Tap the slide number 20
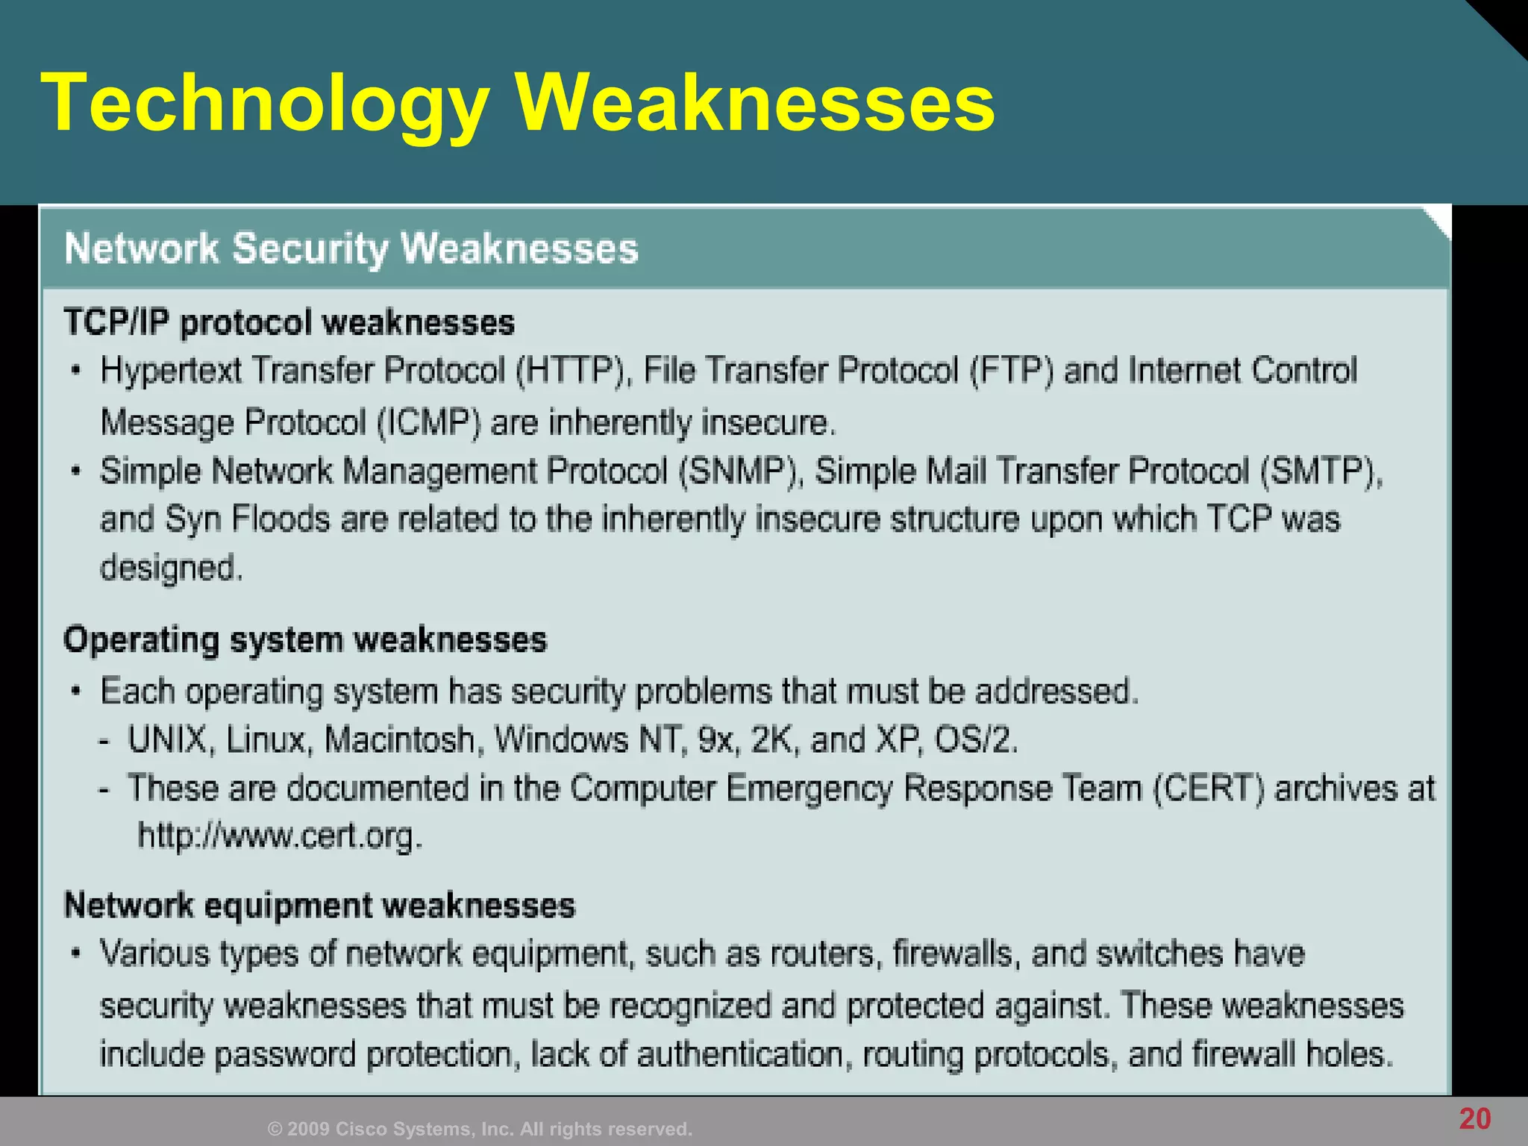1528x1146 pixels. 1474,1118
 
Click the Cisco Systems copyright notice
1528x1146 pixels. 480,1129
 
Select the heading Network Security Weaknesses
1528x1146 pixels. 351,248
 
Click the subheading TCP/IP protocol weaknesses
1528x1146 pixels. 289,323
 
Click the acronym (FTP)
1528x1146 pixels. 1011,371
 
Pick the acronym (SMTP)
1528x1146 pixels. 1321,472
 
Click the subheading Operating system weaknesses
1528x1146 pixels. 305,641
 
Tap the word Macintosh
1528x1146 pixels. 400,740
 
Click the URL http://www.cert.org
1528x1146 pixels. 280,836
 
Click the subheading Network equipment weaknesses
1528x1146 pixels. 320,906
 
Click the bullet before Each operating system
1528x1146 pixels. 75,691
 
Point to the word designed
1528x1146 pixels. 171,569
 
